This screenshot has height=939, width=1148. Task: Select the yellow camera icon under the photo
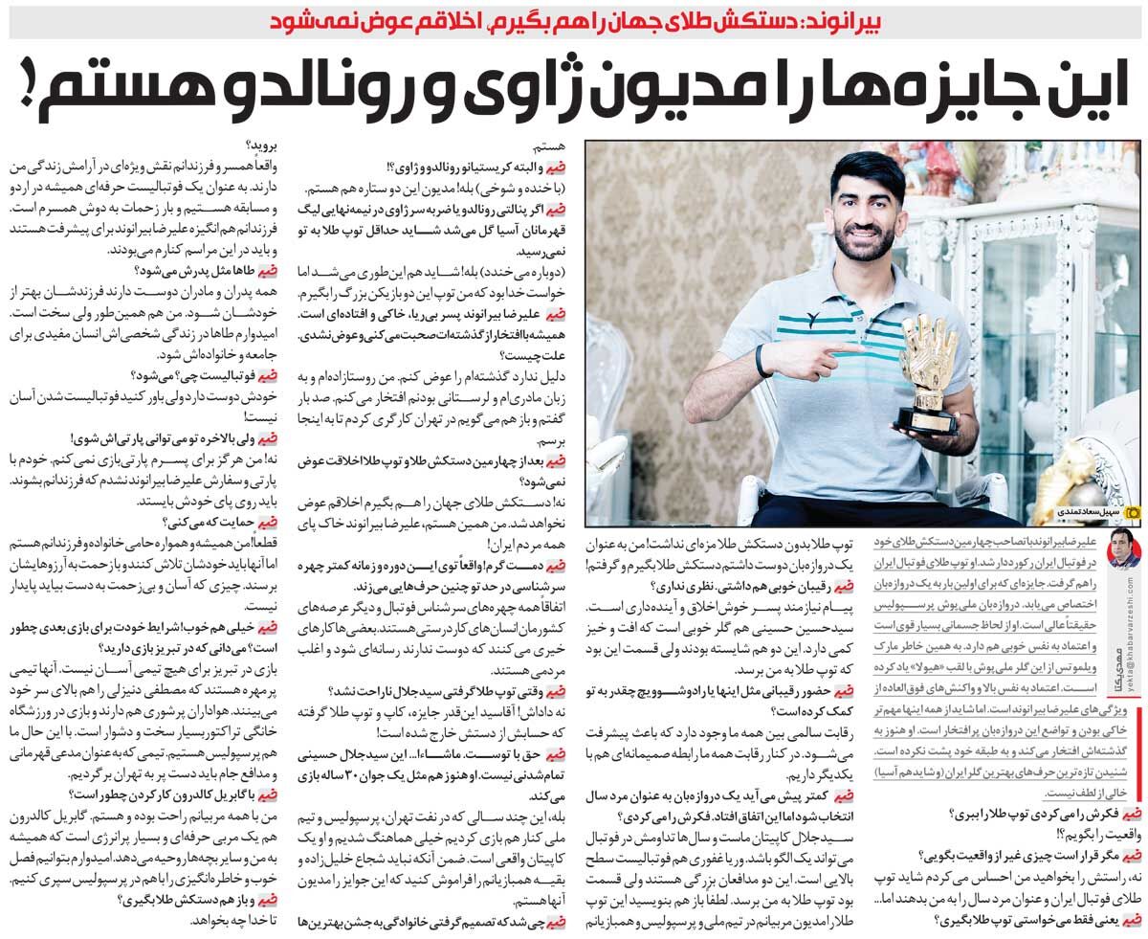(1132, 514)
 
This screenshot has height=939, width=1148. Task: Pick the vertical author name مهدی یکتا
(1121, 674)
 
